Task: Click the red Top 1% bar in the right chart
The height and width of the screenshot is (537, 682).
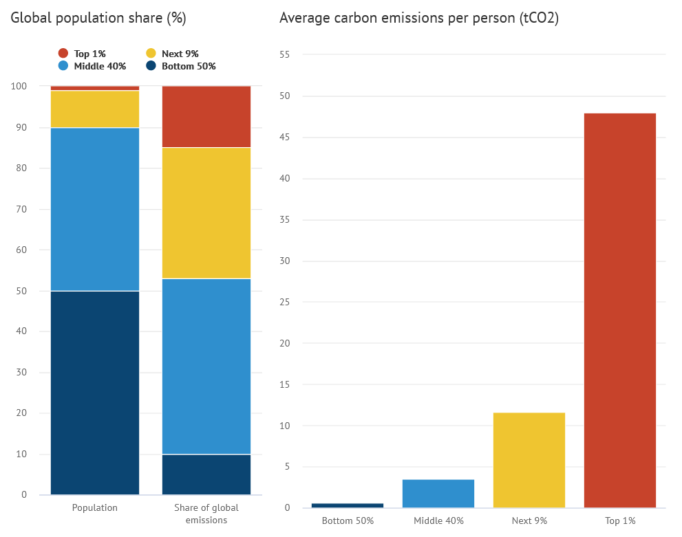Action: point(619,309)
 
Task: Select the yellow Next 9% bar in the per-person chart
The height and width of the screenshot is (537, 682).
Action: point(529,460)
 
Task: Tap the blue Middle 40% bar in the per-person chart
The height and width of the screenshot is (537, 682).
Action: point(438,493)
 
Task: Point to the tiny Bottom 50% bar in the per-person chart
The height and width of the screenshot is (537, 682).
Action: point(348,505)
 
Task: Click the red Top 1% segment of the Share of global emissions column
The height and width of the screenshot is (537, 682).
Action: point(206,116)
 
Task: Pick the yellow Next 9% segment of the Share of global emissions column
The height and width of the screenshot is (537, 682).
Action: point(206,212)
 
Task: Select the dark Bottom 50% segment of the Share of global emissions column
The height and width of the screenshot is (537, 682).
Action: point(206,474)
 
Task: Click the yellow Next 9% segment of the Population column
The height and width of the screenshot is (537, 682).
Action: point(95,109)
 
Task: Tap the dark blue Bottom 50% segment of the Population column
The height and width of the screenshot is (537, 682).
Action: point(95,392)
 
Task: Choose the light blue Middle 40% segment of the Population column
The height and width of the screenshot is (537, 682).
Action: point(95,209)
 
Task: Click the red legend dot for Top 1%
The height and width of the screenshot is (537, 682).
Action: point(63,54)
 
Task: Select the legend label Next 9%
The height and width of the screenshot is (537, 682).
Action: point(180,54)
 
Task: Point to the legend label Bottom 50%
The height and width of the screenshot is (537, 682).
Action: point(189,67)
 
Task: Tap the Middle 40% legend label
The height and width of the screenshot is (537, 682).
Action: point(100,67)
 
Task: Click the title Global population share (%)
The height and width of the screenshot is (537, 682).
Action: point(98,19)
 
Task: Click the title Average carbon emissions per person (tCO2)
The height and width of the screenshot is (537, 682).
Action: point(418,19)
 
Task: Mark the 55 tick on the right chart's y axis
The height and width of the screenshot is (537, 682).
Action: point(285,54)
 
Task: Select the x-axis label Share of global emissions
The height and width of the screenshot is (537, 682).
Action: point(206,514)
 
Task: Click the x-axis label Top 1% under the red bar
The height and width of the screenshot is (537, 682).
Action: point(619,520)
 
